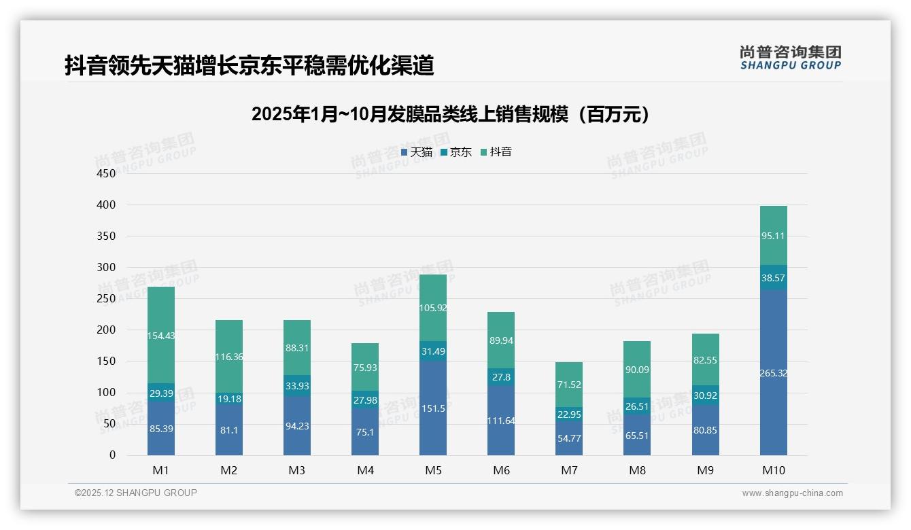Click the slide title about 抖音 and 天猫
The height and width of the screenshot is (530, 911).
[249, 65]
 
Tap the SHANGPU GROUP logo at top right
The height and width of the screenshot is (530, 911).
[790, 58]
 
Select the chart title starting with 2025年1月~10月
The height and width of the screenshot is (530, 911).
[451, 114]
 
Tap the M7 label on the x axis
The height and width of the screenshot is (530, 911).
[569, 470]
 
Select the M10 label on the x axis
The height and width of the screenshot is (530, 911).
[773, 470]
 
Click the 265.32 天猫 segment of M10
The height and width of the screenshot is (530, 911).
[773, 372]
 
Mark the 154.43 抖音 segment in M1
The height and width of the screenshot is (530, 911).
[161, 335]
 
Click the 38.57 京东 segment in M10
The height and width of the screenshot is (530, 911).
[773, 278]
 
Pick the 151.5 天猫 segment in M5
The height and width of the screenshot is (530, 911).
[433, 408]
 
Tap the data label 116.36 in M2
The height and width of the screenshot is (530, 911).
[229, 357]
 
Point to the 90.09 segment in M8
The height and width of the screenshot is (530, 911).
[637, 370]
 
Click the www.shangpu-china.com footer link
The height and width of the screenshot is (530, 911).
[792, 493]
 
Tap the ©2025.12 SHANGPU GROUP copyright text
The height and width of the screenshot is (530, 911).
[136, 493]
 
